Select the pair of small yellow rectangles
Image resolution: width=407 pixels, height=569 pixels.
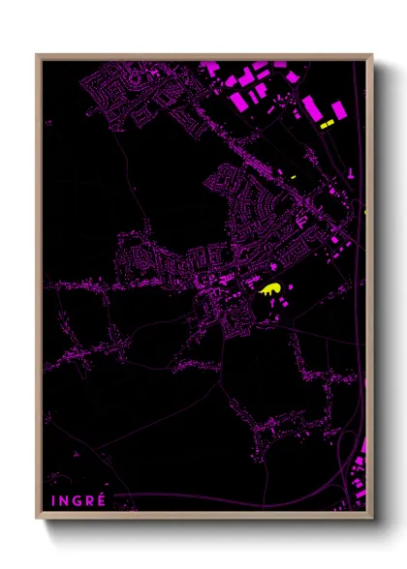[327, 123]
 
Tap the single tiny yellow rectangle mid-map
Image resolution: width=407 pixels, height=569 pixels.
[292, 177]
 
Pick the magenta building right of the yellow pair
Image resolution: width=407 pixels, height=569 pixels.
[338, 109]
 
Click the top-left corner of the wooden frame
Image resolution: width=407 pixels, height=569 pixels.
[37, 55]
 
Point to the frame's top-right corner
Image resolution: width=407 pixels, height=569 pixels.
[371, 55]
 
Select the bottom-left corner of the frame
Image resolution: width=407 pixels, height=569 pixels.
[37, 518]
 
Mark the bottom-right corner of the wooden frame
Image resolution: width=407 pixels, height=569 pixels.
[371, 518]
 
